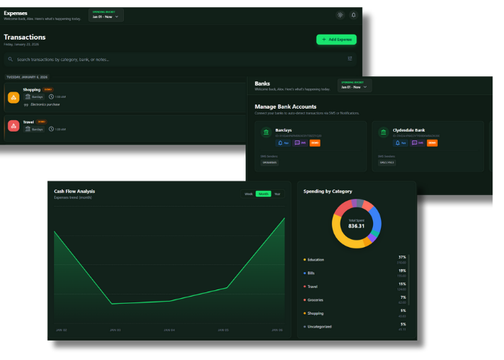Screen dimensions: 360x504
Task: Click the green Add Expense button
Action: [336, 40]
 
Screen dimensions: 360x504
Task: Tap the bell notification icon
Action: [354, 14]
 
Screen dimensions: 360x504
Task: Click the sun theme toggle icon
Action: [340, 14]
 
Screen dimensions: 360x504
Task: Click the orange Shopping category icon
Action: [14, 97]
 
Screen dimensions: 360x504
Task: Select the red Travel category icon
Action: [14, 127]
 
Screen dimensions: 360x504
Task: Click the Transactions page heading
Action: [24, 37]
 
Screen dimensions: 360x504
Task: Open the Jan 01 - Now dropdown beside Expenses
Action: [106, 16]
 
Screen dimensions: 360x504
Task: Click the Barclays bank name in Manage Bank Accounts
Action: [283, 130]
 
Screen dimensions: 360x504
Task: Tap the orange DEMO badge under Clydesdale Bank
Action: [432, 143]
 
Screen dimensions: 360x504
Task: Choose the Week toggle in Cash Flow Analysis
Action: [248, 194]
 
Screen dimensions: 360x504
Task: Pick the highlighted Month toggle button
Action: [264, 194]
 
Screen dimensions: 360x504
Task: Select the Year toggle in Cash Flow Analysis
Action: [277, 194]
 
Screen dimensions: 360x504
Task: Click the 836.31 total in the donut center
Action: [356, 226]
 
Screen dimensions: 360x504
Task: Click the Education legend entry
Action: [315, 259]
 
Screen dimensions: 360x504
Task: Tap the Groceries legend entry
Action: [315, 300]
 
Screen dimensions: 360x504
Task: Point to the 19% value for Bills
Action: [402, 271]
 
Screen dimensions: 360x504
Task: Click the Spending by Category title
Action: [328, 192]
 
